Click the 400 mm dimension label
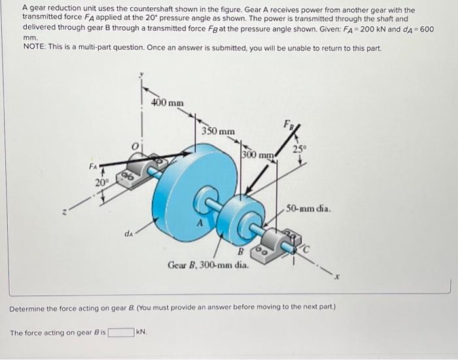(167, 103)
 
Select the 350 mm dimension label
(218, 131)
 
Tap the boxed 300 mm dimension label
(257, 155)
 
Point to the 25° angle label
(299, 149)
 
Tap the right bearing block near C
(277, 248)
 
